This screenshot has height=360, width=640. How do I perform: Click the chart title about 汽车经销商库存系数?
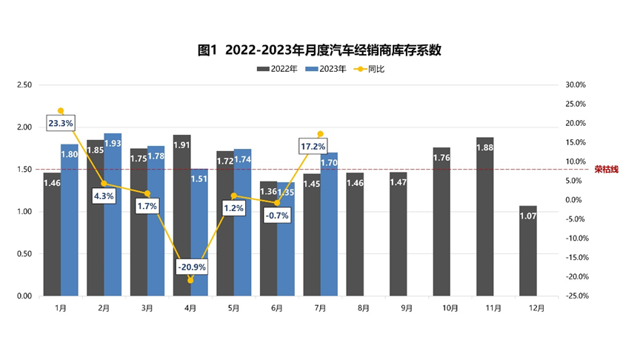(x=319, y=50)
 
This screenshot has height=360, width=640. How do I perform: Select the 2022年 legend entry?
(x=278, y=69)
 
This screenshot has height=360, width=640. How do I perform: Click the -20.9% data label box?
(x=191, y=266)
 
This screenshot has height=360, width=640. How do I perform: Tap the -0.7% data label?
(x=278, y=215)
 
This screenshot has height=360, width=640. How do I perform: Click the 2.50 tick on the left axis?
(x=24, y=84)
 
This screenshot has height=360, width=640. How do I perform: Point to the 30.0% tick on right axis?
(x=576, y=84)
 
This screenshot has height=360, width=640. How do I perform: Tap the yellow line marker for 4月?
(x=190, y=280)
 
